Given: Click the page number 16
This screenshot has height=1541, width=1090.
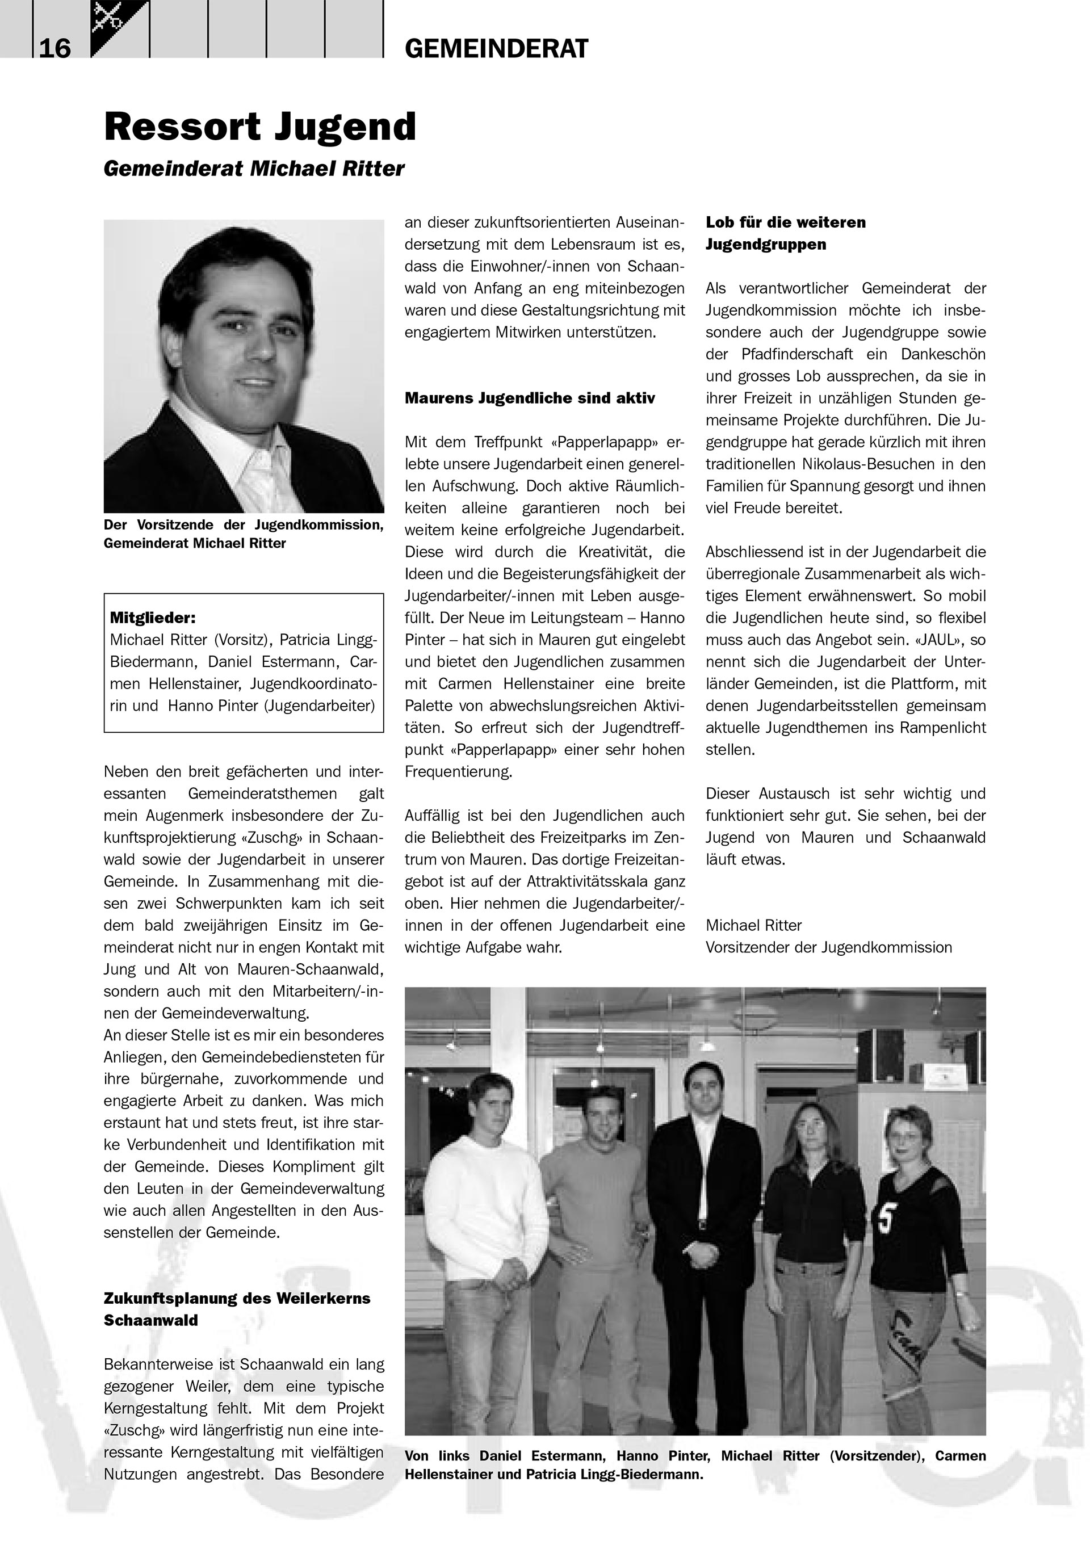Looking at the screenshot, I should point(55,48).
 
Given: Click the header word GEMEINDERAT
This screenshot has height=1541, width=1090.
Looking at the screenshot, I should point(496,49).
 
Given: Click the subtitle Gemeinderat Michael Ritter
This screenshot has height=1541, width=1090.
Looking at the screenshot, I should point(254,169).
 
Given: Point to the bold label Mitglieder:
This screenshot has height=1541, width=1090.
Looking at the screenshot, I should point(152,618).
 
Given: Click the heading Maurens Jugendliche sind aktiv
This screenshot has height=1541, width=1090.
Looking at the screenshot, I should point(529,398).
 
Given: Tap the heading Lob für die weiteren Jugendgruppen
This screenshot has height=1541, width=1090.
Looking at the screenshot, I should point(785,233).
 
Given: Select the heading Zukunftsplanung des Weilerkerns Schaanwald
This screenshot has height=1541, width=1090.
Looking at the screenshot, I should point(236,1309).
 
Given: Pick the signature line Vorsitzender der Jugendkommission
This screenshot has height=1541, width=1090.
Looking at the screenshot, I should point(828,947).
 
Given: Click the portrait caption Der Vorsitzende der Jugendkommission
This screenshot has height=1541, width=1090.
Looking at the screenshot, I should point(243,525).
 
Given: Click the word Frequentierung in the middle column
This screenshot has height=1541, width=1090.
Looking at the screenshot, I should point(458,772).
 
